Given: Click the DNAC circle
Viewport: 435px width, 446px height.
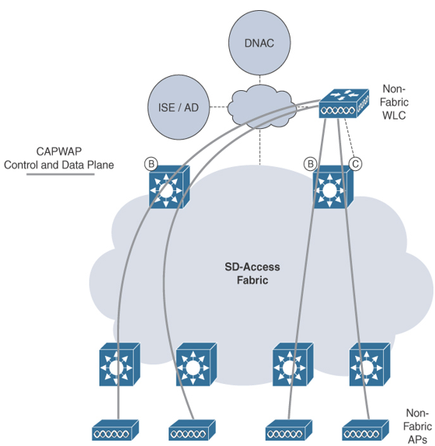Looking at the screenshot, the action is click(259, 43).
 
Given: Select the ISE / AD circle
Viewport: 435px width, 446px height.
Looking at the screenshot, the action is click(179, 107).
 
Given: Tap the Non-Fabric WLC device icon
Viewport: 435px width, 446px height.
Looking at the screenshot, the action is click(344, 103).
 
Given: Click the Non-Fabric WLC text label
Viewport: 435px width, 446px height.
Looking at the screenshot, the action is click(394, 102).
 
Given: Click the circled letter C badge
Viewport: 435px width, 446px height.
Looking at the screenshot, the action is click(356, 164).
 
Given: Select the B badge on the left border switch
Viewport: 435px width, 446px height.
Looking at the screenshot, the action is click(151, 164).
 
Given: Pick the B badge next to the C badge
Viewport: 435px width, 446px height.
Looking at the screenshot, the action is click(310, 164).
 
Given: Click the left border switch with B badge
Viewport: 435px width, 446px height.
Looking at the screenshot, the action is click(169, 187).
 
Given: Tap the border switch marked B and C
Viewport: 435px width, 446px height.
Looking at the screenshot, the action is click(332, 187).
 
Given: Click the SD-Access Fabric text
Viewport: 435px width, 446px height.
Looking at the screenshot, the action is click(252, 274).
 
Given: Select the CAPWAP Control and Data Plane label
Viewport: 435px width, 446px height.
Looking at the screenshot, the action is click(59, 159).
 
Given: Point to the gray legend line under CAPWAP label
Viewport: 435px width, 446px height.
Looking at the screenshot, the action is click(61, 174).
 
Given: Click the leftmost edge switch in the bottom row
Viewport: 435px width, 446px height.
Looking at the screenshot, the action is click(120, 364).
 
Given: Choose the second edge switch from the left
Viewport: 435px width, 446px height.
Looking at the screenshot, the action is click(197, 364).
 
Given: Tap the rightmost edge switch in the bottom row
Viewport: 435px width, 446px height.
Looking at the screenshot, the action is click(370, 364).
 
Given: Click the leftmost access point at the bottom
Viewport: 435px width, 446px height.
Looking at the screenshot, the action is click(116, 430).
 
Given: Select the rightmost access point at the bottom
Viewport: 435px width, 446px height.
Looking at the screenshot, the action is click(365, 430).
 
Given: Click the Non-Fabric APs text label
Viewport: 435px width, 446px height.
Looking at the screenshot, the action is click(417, 427).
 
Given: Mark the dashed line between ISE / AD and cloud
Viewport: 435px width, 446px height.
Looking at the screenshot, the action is click(219, 107).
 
